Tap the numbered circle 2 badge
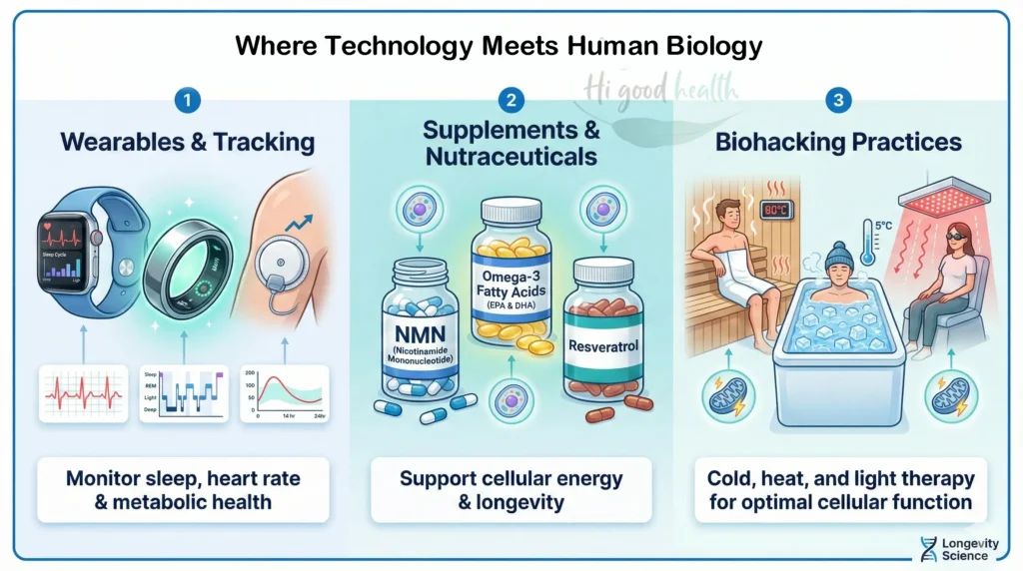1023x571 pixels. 511,100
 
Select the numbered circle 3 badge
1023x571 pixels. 837,100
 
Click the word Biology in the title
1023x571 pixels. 716,45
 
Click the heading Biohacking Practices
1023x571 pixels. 838,142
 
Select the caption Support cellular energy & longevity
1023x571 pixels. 511,489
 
